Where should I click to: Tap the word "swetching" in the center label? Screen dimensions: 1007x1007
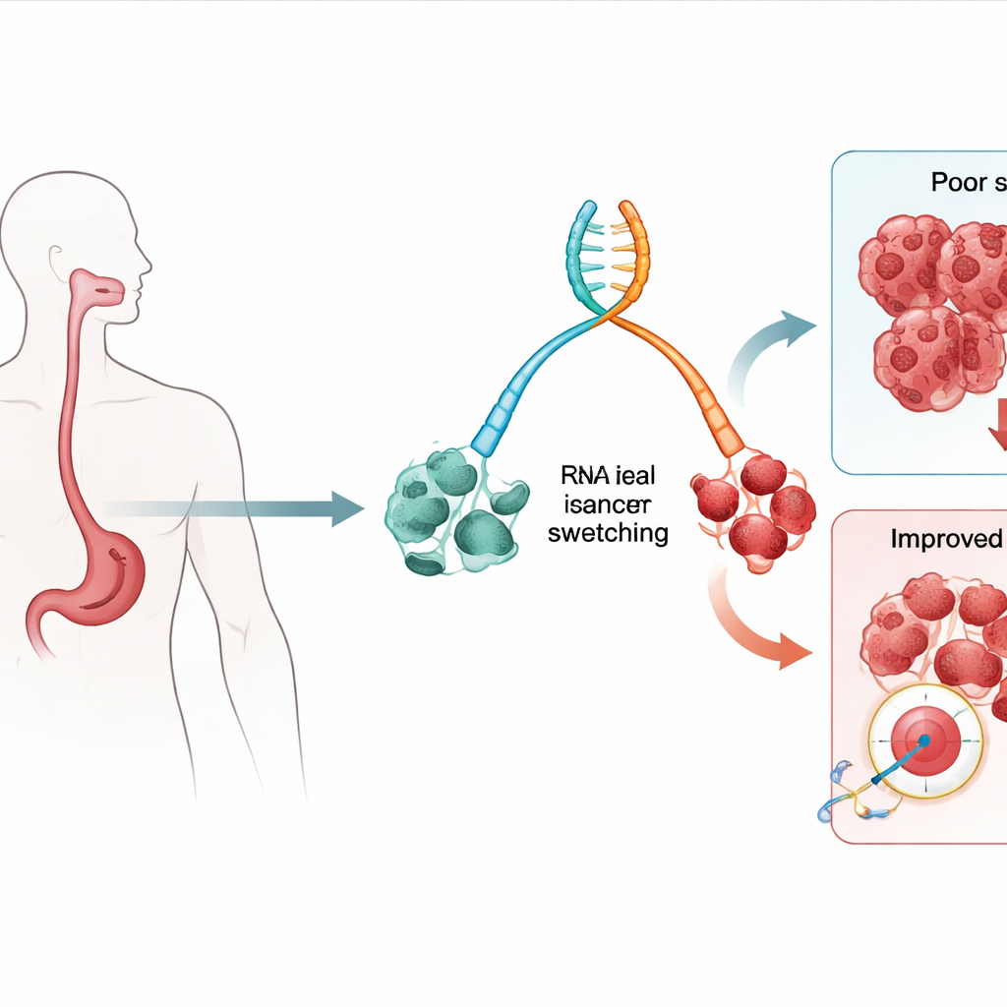tap(607, 534)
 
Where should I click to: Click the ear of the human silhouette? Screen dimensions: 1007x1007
tap(56, 258)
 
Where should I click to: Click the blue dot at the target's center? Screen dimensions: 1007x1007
tap(924, 739)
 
